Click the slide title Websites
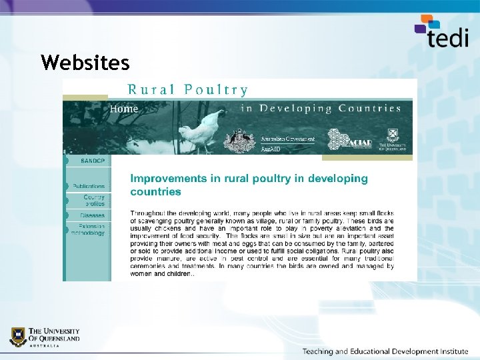click(x=85, y=63)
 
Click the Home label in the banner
click(x=125, y=109)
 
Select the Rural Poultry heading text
click(x=188, y=90)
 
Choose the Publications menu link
click(x=89, y=186)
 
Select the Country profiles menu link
click(x=94, y=200)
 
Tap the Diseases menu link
click(x=93, y=215)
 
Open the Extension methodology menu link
click(x=88, y=230)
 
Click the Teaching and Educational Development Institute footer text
click(x=385, y=351)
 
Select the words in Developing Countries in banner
click(x=321, y=108)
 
